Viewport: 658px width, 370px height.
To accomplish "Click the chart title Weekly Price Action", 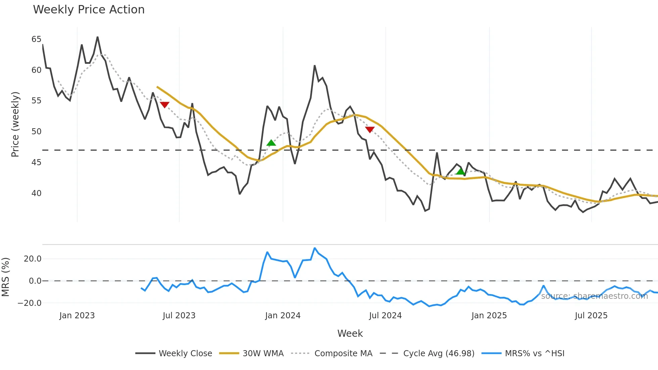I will click(x=89, y=10).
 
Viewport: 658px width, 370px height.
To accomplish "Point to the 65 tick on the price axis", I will click(x=36, y=39).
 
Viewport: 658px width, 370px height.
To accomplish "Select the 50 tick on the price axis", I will click(x=36, y=132).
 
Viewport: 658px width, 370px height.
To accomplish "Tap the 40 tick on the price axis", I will click(x=36, y=193).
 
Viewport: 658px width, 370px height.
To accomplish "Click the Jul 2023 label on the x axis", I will click(x=179, y=316).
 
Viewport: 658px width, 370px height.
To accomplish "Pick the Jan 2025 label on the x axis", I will click(x=489, y=316).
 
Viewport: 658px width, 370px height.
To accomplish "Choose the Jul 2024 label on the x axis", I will click(x=385, y=316).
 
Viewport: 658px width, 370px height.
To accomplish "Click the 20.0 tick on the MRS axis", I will click(x=33, y=259).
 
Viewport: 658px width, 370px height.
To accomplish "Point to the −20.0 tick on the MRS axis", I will click(x=30, y=303).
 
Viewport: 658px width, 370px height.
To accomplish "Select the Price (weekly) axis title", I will click(x=15, y=124).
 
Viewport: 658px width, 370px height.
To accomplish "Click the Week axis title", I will click(x=350, y=333).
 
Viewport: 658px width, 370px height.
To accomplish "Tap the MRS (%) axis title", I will click(x=6, y=277).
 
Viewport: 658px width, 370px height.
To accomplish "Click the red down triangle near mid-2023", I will click(x=164, y=105).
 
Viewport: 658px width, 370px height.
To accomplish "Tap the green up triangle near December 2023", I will click(x=271, y=143).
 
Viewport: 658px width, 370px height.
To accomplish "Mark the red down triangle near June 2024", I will click(x=370, y=130).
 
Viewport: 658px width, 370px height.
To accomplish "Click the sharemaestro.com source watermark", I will click(x=594, y=296).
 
